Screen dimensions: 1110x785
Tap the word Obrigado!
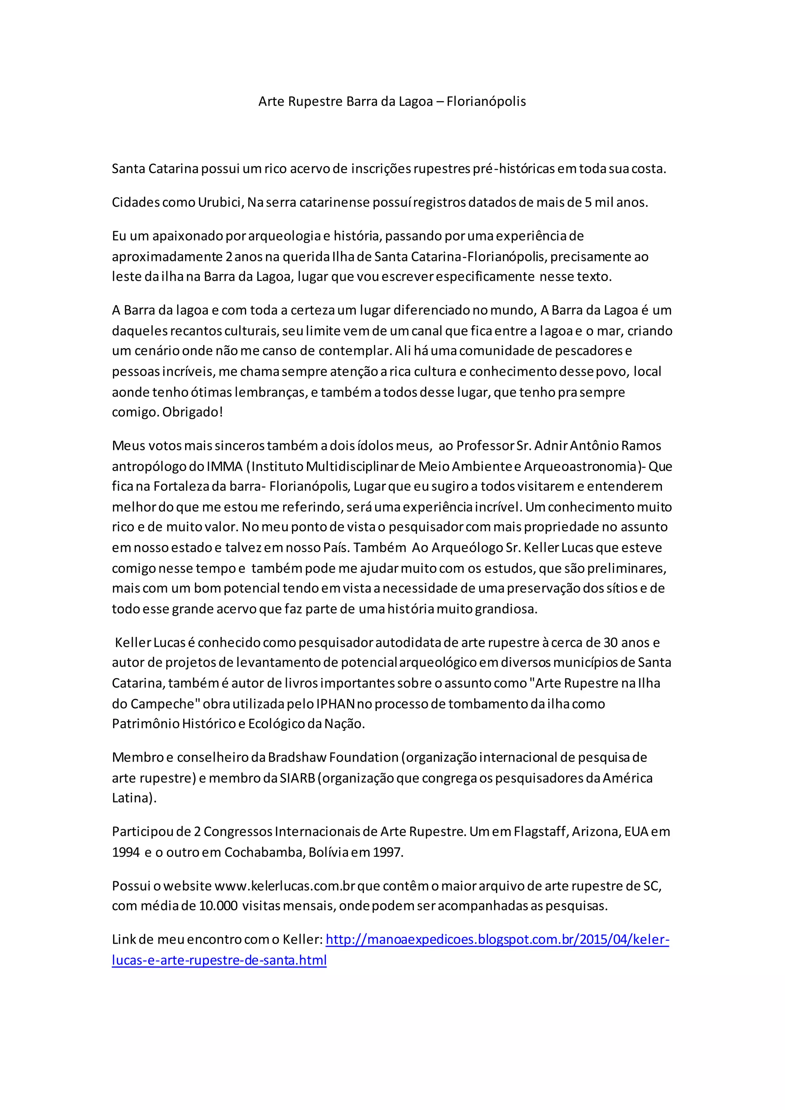pyautogui.click(x=192, y=412)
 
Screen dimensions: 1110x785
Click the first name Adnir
pyautogui.click(x=550, y=445)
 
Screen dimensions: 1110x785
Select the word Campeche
pyautogui.click(x=163, y=703)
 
